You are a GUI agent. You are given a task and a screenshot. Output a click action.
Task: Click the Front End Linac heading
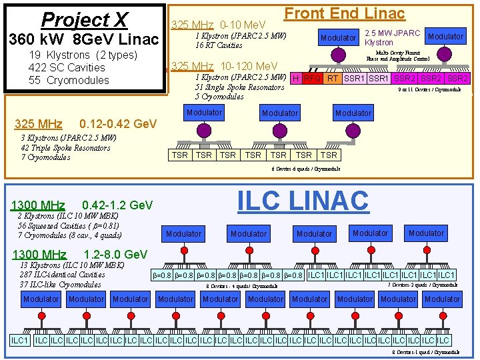(344, 13)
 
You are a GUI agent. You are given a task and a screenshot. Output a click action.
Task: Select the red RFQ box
(312, 79)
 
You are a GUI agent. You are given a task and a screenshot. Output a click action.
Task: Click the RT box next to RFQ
(332, 79)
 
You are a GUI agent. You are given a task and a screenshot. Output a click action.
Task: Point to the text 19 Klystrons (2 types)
(83, 55)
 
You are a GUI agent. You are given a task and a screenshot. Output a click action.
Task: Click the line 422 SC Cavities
(67, 67)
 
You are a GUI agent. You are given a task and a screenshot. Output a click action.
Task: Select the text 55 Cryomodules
(69, 80)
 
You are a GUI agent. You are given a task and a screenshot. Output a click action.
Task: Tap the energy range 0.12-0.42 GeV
(117, 124)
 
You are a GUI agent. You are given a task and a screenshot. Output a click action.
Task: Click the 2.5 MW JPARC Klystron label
(392, 37)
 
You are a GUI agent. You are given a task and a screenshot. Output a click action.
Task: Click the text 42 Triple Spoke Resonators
(65, 148)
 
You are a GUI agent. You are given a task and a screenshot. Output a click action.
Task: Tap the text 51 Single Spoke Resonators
(239, 87)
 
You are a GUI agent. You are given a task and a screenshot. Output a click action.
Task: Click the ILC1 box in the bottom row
(20, 341)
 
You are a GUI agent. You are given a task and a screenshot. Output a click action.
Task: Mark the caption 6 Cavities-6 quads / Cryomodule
(305, 169)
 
